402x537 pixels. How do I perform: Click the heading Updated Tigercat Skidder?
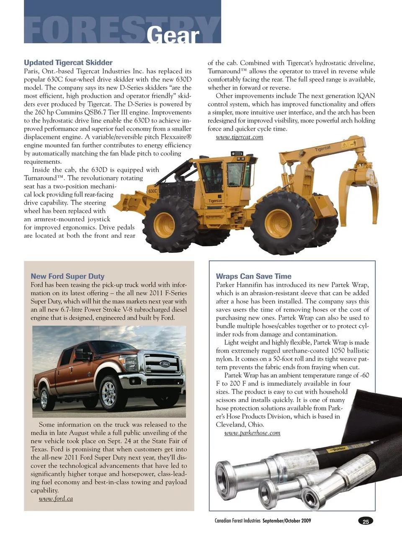68,62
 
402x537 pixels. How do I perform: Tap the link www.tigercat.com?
239,137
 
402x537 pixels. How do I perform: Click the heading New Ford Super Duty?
67,276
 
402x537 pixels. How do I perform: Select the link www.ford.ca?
56,498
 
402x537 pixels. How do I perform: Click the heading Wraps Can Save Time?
253,276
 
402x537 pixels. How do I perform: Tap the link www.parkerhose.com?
252,433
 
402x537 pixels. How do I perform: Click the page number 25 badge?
366,522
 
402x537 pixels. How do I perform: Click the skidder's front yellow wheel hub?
164,225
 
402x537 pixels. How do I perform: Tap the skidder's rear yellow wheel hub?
278,222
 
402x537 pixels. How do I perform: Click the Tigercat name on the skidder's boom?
322,149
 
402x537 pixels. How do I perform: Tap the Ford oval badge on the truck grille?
165,364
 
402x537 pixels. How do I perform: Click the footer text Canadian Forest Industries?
237,521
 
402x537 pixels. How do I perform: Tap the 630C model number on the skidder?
152,191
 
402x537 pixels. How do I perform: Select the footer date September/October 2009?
287,521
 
